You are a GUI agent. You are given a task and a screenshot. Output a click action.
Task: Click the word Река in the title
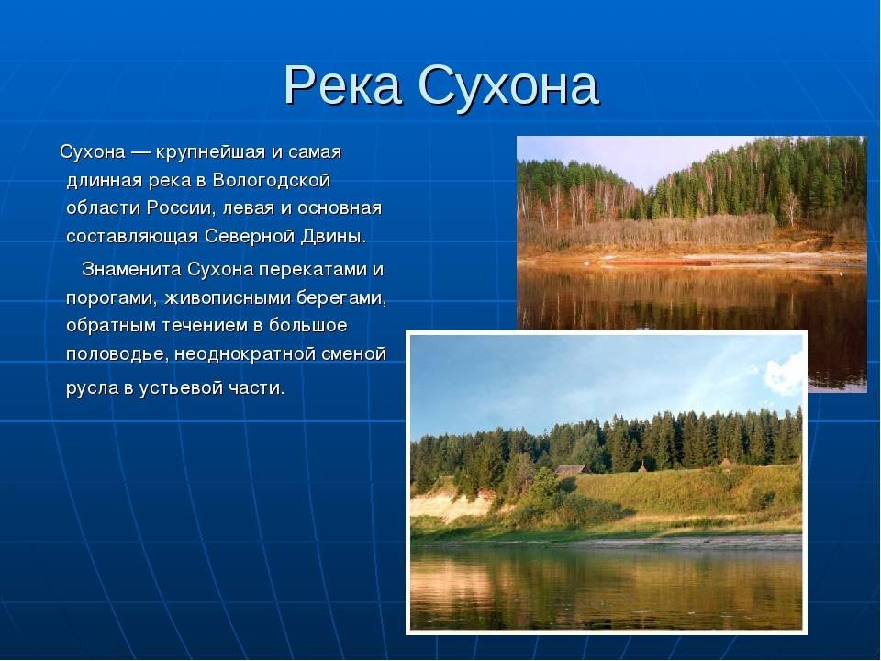point(342,85)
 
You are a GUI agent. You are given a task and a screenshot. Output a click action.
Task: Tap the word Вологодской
point(272,181)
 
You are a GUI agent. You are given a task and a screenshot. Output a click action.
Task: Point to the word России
point(181,208)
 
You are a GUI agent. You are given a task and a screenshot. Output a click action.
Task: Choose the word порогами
point(111,297)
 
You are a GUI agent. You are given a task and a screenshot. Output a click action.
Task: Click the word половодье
point(117,354)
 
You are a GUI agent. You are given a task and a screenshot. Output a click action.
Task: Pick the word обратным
point(111,326)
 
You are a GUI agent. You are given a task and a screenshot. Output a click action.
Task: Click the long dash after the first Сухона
point(139,153)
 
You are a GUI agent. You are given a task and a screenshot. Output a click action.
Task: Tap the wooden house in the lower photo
point(573,470)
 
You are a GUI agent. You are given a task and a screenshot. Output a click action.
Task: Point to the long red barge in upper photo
point(651,263)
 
